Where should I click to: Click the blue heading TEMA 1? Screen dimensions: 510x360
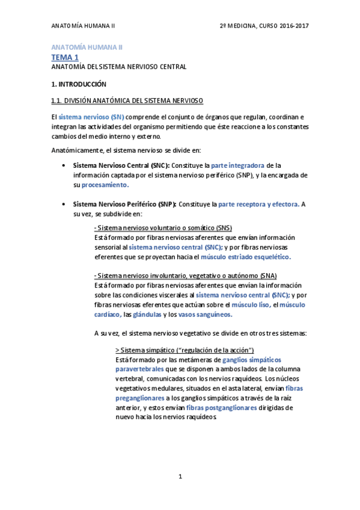(x=65, y=57)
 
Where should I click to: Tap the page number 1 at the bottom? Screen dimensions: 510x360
(x=180, y=477)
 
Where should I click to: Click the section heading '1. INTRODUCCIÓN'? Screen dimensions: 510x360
(x=78, y=84)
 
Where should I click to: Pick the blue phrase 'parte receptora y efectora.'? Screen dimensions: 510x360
(x=258, y=204)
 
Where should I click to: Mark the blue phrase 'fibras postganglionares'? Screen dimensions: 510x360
(x=222, y=407)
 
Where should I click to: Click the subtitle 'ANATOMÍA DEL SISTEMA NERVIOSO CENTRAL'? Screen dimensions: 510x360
(x=118, y=67)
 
